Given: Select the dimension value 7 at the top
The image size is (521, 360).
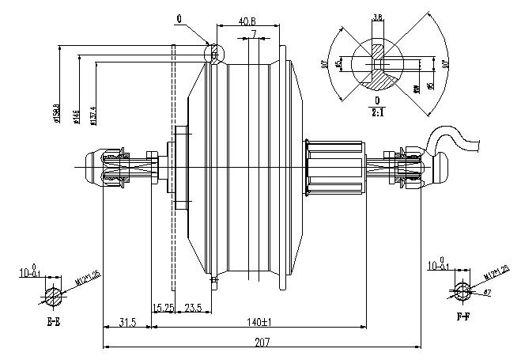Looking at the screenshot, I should [x=254, y=34].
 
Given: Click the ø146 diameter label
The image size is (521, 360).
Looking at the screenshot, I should [x=76, y=116].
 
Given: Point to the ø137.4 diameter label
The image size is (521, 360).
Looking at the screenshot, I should [x=93, y=115].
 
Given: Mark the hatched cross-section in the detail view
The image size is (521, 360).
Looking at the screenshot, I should [x=382, y=77].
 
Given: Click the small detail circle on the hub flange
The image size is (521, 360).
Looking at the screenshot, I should [x=213, y=52].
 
